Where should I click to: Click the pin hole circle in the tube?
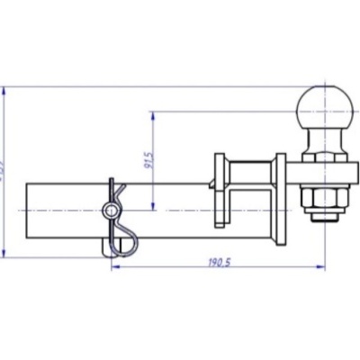coord(110,211)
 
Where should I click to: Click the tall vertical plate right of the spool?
coord(282,201)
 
